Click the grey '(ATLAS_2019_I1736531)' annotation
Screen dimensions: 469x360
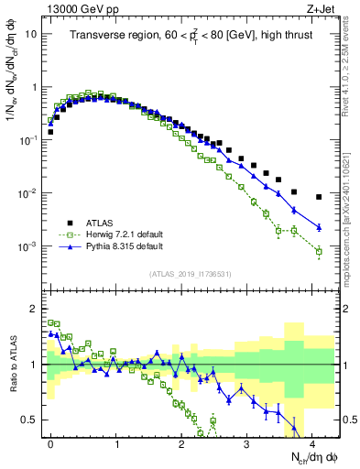[x=191, y=274]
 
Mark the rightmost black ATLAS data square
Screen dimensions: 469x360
[x=319, y=197]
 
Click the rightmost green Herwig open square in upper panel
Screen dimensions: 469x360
[x=319, y=251]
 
